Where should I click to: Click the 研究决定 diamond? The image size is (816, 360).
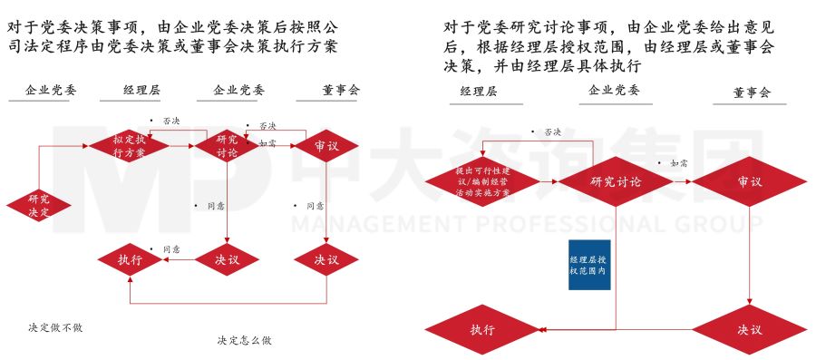[x=39, y=205]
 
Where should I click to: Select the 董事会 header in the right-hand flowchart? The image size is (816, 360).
[x=753, y=92]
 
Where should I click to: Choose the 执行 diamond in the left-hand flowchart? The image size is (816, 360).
[x=131, y=260]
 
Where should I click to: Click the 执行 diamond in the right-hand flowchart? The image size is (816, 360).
[x=481, y=329]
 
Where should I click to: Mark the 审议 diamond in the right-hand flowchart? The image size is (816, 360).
[x=750, y=181]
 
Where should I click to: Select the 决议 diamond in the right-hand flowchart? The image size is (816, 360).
[x=750, y=329]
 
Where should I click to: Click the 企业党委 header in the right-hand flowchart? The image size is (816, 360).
[x=614, y=91]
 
